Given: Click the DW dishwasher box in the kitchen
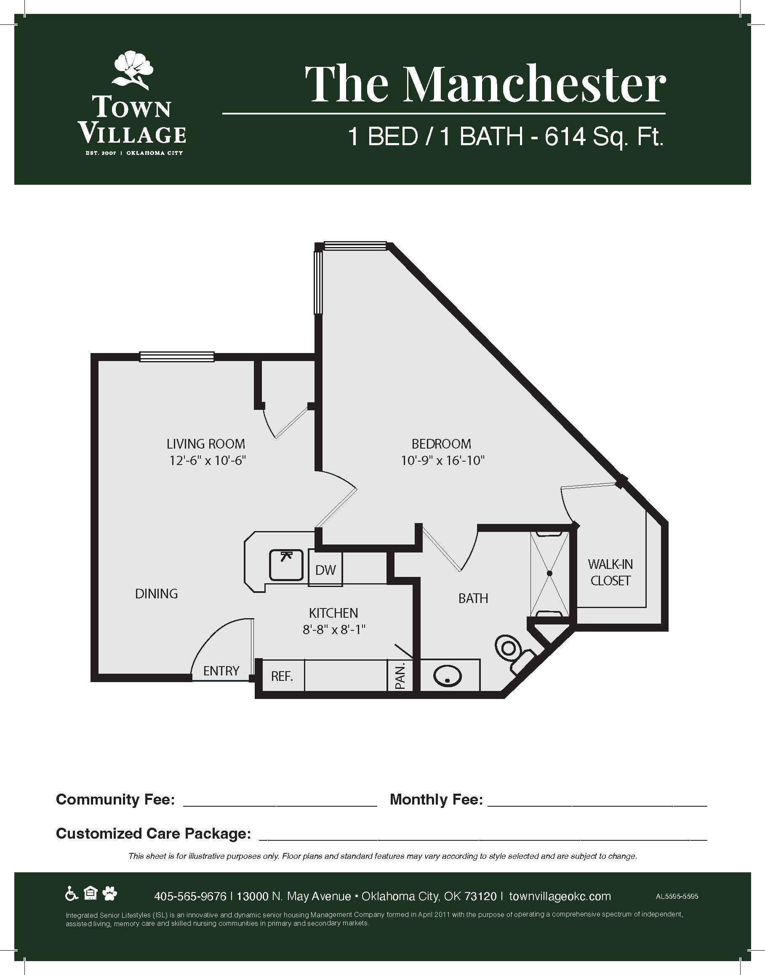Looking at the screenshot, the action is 325,569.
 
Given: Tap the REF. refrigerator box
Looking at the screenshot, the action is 282,675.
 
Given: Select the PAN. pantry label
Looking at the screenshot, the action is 400,676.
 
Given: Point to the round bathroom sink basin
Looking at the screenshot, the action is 448,675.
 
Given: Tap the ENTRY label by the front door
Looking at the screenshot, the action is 221,671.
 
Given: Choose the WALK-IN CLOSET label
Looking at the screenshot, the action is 610,572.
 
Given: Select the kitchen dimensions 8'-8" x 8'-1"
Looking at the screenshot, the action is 334,630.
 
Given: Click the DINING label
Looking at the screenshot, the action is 156,594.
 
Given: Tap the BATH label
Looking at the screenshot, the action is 473,598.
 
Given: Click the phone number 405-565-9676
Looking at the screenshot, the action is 190,896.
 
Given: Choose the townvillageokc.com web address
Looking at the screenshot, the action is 560,896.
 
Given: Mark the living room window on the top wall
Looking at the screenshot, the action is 176,357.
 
